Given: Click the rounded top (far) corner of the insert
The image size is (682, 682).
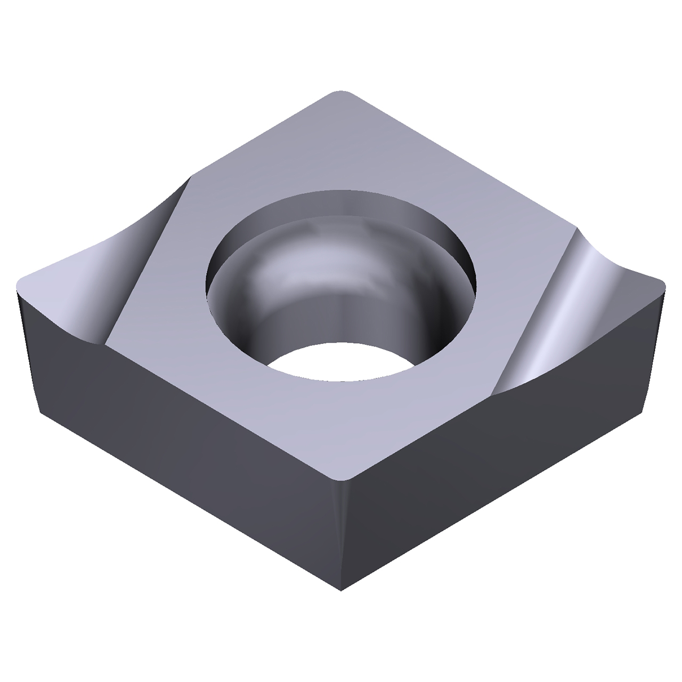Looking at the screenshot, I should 341,94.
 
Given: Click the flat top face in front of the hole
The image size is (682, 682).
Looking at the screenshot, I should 341,421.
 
